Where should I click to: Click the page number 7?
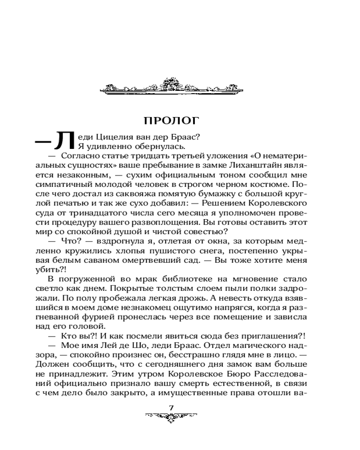coord(171,407)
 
